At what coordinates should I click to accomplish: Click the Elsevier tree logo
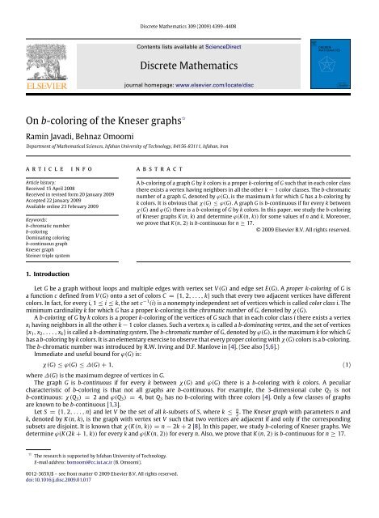tap(39, 51)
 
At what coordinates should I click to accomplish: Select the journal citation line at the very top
tap(189, 8)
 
